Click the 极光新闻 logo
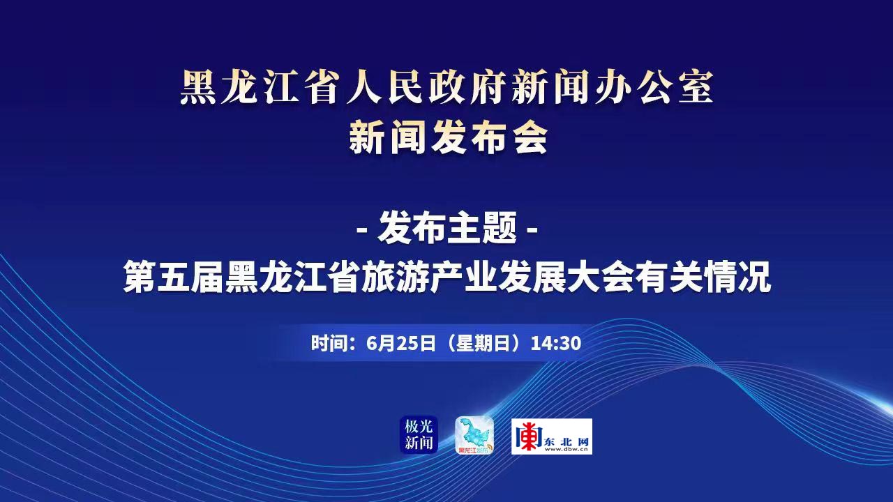coord(419,435)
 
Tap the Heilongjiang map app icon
coord(474,435)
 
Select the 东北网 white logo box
coord(552,436)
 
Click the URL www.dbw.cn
coord(566,450)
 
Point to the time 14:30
coord(556,344)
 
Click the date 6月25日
coord(401,344)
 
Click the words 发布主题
coord(447,228)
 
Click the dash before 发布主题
coord(363,230)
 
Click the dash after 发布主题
coord(532,230)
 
